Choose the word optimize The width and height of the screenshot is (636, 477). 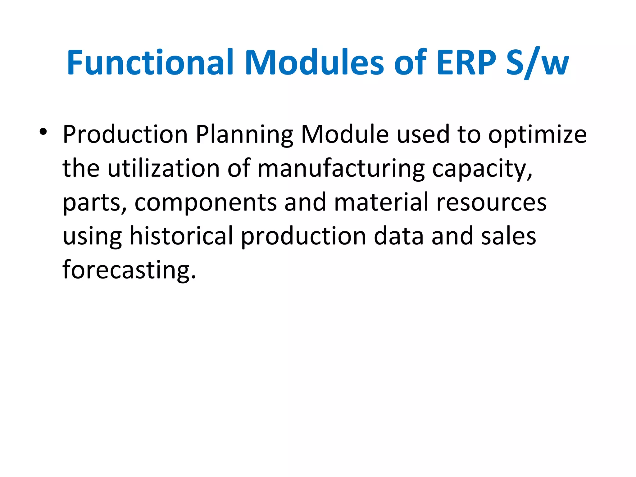click(x=537, y=135)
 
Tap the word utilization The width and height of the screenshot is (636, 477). click(x=164, y=168)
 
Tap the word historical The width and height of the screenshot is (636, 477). click(x=181, y=236)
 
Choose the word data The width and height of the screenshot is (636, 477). click(x=398, y=236)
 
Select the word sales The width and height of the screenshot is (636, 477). click(x=508, y=236)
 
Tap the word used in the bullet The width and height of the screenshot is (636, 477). click(x=423, y=134)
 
